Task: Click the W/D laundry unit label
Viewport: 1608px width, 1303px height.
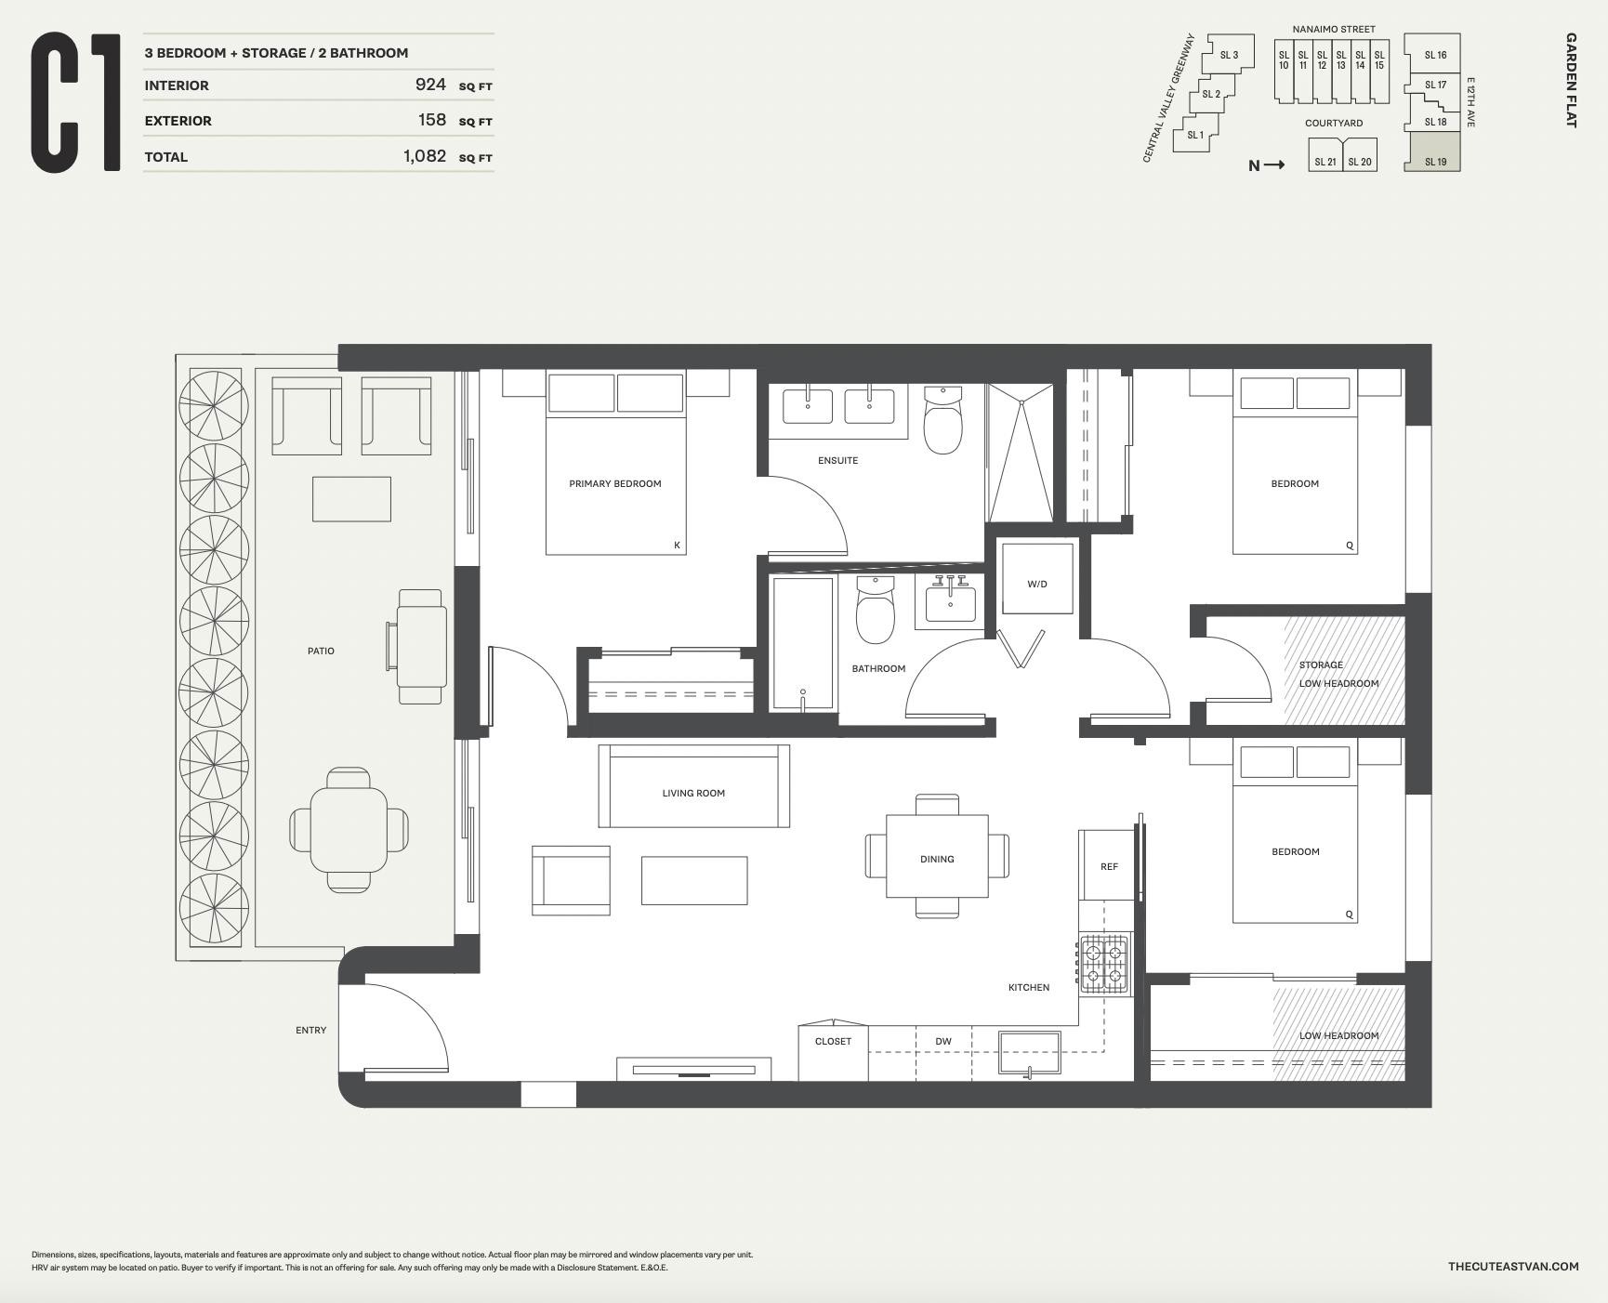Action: coord(1037,584)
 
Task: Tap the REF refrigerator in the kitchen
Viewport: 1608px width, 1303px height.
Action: coord(1108,866)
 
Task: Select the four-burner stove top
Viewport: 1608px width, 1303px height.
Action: coord(1104,964)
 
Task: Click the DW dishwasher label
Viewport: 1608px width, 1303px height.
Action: coord(943,1041)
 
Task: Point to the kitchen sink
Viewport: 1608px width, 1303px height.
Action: coord(1029,1052)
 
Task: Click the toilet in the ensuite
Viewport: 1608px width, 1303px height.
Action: coord(942,423)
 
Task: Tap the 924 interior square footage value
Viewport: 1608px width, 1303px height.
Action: coord(430,85)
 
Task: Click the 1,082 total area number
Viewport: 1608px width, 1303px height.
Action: coord(425,156)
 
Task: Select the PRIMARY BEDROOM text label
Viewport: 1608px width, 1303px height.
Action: coord(615,483)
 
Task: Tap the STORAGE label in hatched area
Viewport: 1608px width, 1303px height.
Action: coord(1321,665)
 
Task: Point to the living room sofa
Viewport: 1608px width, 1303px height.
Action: coord(693,786)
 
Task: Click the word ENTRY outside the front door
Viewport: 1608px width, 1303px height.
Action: coord(310,1030)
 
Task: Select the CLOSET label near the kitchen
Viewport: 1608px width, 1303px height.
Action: coord(833,1041)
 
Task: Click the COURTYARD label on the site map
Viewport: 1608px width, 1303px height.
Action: coord(1333,123)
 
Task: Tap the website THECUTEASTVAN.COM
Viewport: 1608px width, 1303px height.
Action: coord(1512,1266)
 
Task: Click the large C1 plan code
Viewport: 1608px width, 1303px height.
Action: coord(76,102)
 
